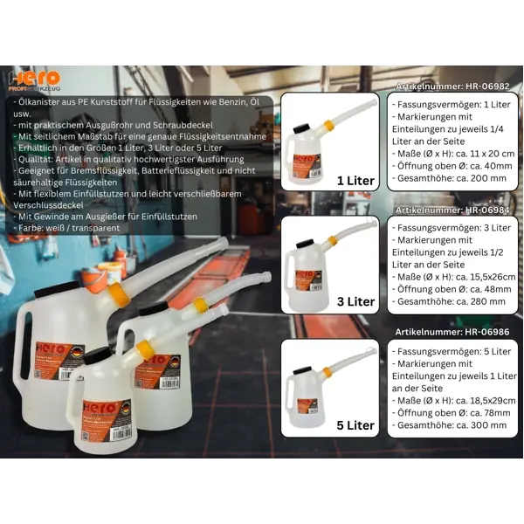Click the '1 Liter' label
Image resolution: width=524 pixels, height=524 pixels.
(x=355, y=181)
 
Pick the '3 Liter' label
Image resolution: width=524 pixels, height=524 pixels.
(x=355, y=302)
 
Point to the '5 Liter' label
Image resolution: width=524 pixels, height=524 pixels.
(x=355, y=425)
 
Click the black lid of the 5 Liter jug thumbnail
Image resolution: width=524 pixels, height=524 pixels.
(x=304, y=369)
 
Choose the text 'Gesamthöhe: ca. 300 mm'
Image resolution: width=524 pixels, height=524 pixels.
(x=450, y=425)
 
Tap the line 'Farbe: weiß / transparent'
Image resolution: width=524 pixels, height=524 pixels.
(x=68, y=228)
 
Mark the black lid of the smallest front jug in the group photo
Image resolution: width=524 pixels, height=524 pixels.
(x=94, y=355)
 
